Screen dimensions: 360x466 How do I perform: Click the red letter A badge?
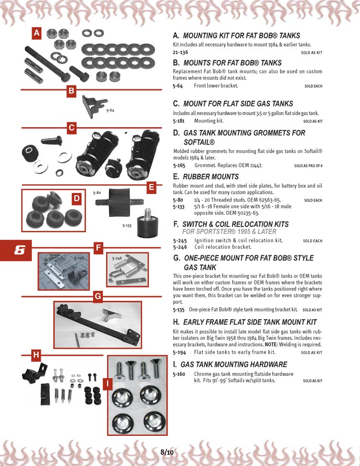pos(36,33)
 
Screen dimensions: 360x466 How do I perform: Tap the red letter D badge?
pos(77,199)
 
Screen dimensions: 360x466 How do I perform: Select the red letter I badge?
pos(108,383)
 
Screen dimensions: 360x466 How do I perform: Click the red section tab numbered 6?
pos(16,250)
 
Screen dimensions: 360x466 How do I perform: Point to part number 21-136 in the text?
pos(180,52)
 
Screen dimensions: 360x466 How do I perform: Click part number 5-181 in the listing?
pos(179,121)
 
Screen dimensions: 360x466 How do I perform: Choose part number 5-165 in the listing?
pos(179,166)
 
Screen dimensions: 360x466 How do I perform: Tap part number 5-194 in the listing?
pos(179,352)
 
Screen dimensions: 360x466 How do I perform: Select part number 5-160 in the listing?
pos(179,374)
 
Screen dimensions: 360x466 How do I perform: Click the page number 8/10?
pos(167,453)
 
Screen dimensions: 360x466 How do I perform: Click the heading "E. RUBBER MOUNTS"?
pos(206,177)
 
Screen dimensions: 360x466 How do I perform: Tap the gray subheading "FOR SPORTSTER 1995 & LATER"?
pos(229,231)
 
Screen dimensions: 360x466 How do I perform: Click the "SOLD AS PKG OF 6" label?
pos(308,166)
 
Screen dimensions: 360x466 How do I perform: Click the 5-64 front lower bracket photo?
pos(94,106)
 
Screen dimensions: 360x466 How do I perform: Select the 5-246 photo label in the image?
pos(117,259)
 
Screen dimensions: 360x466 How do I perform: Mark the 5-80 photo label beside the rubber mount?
pos(97,193)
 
